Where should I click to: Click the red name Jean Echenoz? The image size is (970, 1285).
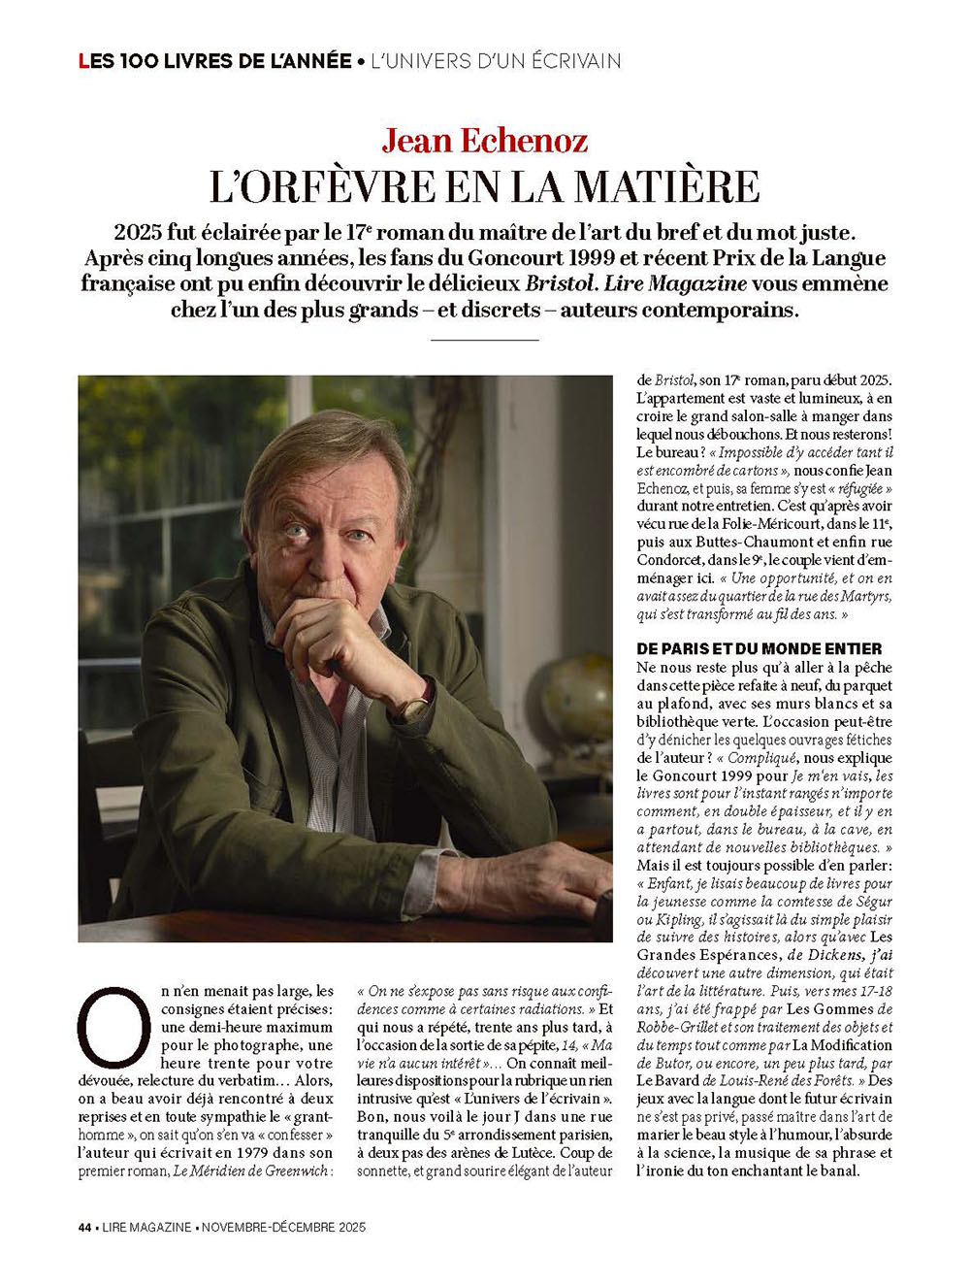point(484,141)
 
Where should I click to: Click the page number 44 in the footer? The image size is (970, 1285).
point(85,1228)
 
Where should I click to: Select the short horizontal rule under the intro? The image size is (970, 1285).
point(484,340)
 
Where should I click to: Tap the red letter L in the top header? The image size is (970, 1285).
point(83,61)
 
